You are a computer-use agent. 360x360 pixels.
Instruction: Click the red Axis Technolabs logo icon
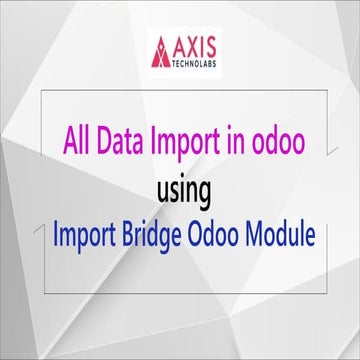click(161, 50)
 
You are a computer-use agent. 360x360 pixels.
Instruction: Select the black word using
click(179, 188)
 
